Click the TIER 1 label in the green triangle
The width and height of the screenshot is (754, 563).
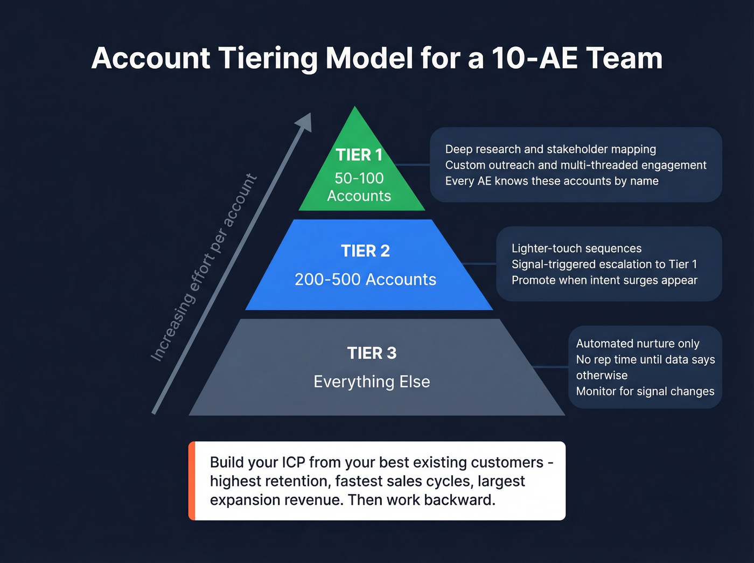point(359,155)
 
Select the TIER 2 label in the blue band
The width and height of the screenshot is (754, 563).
point(365,251)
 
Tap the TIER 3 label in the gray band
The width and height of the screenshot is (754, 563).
point(372,353)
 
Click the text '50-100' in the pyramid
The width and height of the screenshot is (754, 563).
point(359,178)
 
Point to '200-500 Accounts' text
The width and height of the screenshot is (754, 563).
point(365,280)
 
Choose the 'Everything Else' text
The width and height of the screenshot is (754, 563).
point(372,382)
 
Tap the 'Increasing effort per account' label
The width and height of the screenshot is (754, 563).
point(204,268)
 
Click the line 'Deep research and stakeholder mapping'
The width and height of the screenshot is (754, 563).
point(550,149)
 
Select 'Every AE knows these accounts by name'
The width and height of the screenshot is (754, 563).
point(551,181)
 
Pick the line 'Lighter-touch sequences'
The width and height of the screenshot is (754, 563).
point(576,248)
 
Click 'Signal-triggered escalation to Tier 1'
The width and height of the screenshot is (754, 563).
point(604,265)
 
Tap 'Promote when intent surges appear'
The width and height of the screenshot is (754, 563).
point(604,280)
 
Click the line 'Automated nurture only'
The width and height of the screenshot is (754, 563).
point(638,344)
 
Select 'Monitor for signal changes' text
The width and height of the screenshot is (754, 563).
point(645,392)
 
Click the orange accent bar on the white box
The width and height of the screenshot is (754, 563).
point(191,481)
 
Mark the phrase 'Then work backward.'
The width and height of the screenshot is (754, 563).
point(421,500)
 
